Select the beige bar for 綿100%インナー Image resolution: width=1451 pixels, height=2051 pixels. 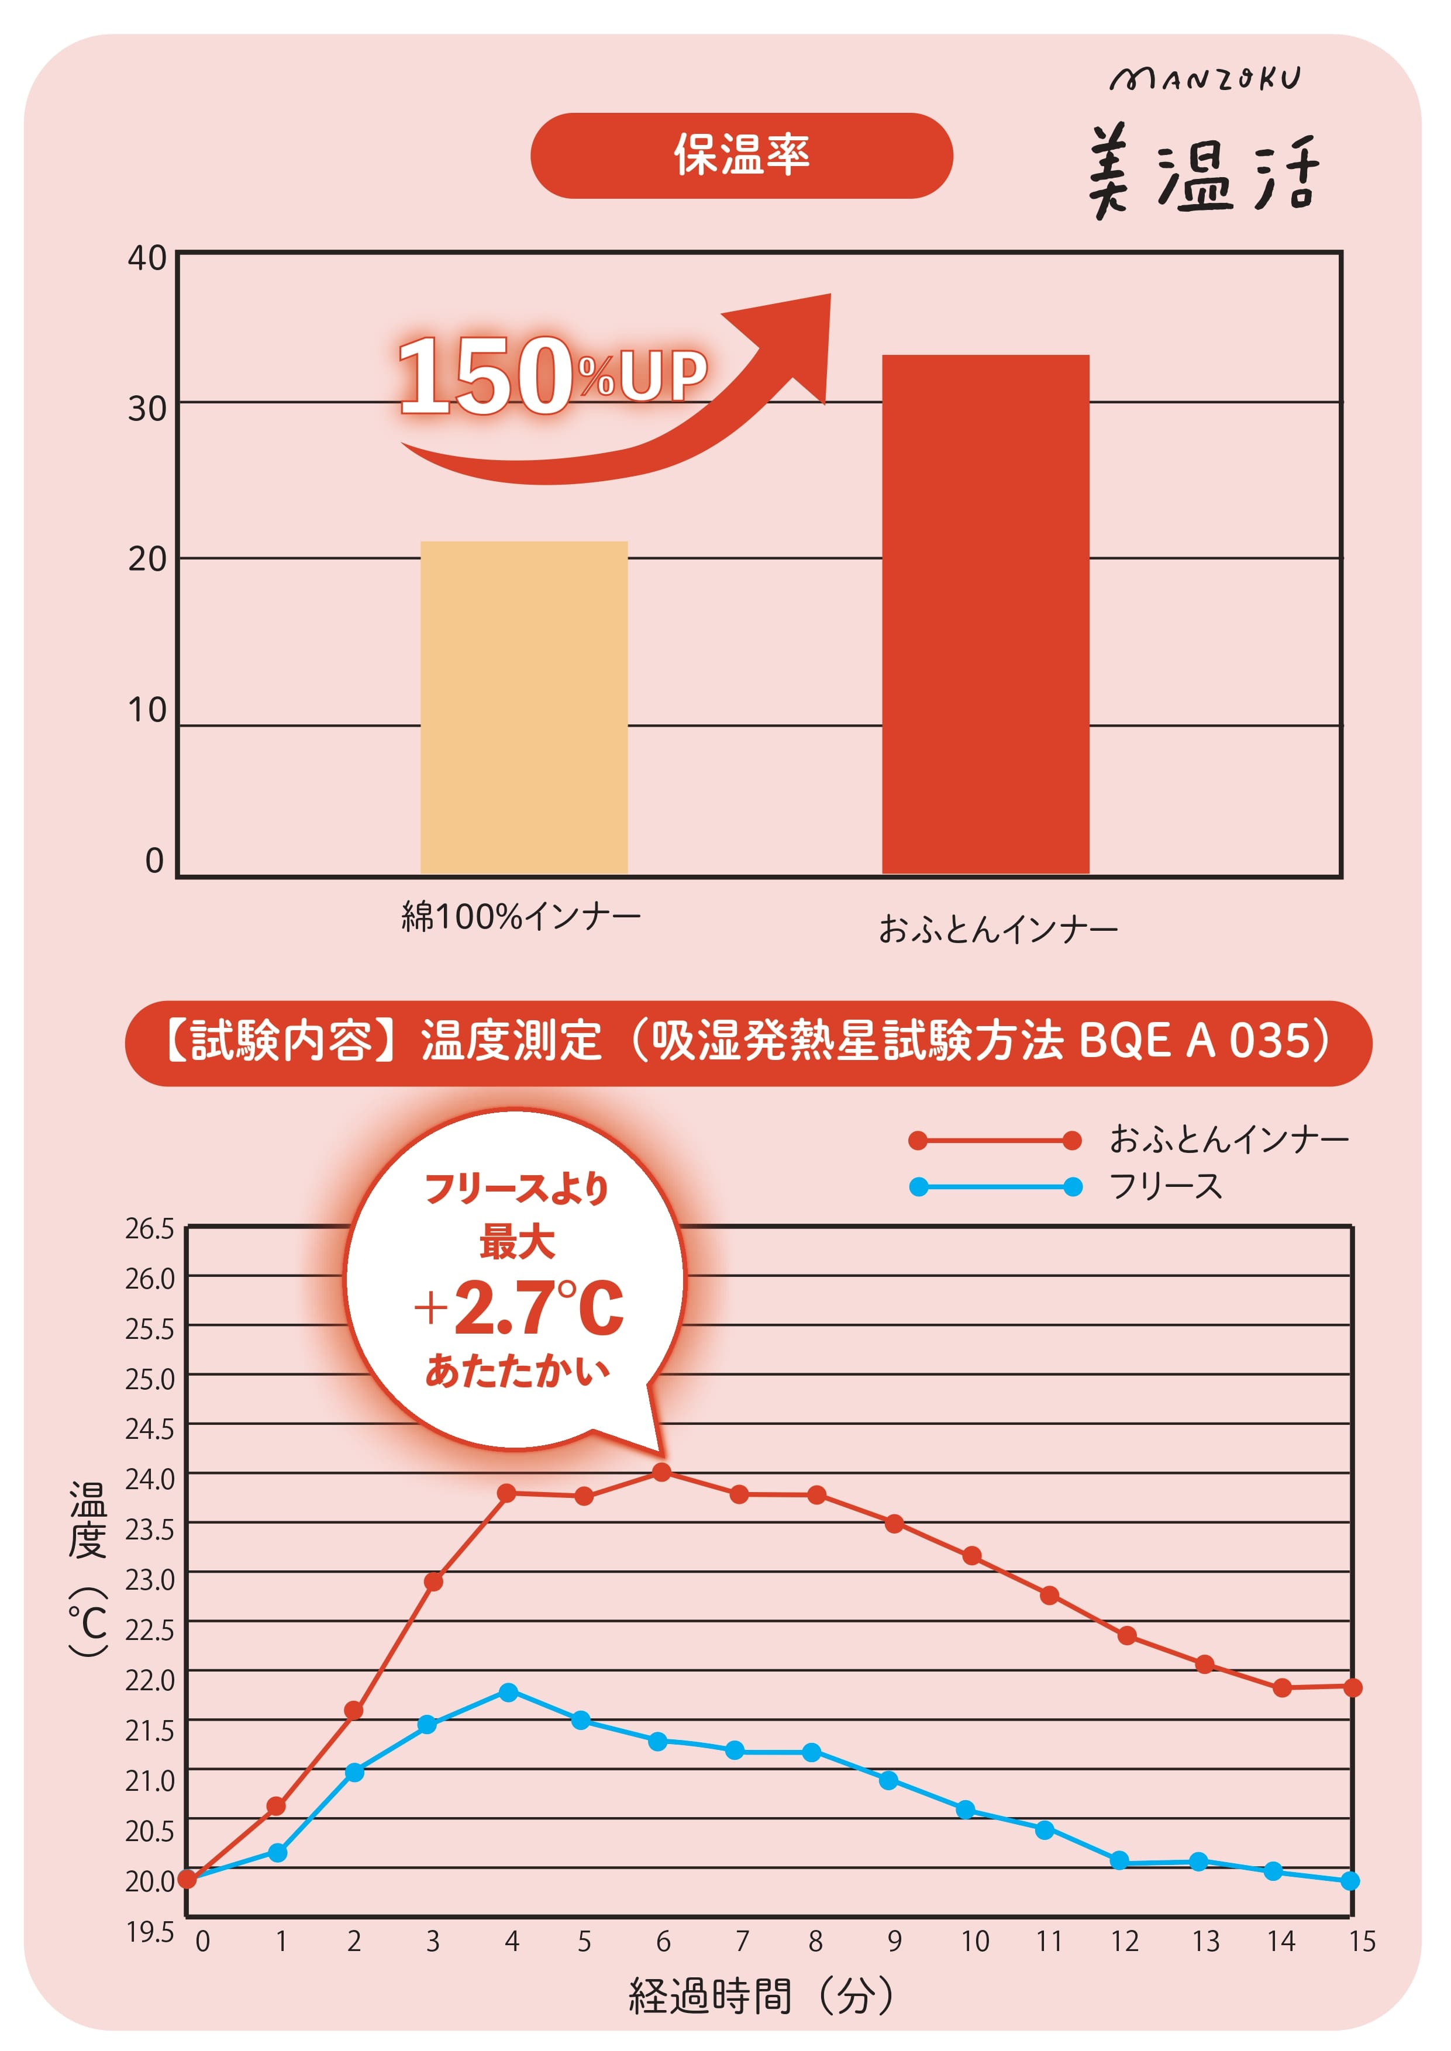pos(523,707)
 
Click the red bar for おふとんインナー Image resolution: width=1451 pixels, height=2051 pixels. pos(985,614)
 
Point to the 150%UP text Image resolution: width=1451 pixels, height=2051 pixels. pos(552,375)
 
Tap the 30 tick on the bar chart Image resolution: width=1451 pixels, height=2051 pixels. pos(147,409)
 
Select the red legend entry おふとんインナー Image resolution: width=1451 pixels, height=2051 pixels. pos(1229,1139)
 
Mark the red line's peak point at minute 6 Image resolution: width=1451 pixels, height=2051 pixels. pos(661,1471)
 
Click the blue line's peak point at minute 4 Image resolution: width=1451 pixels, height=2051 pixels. pos(508,1692)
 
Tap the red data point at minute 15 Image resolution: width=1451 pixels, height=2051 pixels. pos(1352,1687)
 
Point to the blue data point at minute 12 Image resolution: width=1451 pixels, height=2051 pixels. pos(1119,1861)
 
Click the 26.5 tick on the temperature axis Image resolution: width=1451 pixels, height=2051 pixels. pos(149,1229)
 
